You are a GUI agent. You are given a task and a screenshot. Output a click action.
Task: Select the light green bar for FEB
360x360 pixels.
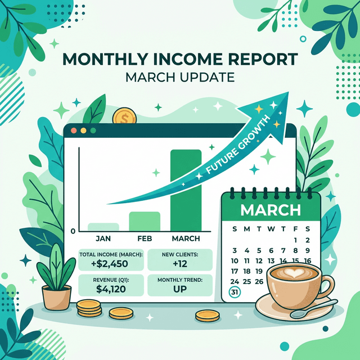click(145, 221)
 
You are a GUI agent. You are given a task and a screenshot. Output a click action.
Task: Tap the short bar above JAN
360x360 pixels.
click(103, 227)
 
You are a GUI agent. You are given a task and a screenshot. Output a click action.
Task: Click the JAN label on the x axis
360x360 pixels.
click(103, 239)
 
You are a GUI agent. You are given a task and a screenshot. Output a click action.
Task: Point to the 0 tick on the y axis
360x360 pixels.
click(73, 231)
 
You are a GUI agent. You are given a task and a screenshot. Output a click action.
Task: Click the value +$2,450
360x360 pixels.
click(110, 265)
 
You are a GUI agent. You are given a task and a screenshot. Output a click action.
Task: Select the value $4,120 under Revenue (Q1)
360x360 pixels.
click(110, 289)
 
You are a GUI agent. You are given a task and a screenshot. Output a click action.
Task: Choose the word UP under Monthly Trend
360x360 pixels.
click(179, 289)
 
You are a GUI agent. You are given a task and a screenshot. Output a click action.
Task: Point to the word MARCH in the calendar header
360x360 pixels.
click(270, 210)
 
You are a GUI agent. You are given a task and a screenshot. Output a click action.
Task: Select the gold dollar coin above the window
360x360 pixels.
click(122, 118)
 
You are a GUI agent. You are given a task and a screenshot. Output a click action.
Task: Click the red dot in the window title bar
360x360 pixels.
click(73, 130)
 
